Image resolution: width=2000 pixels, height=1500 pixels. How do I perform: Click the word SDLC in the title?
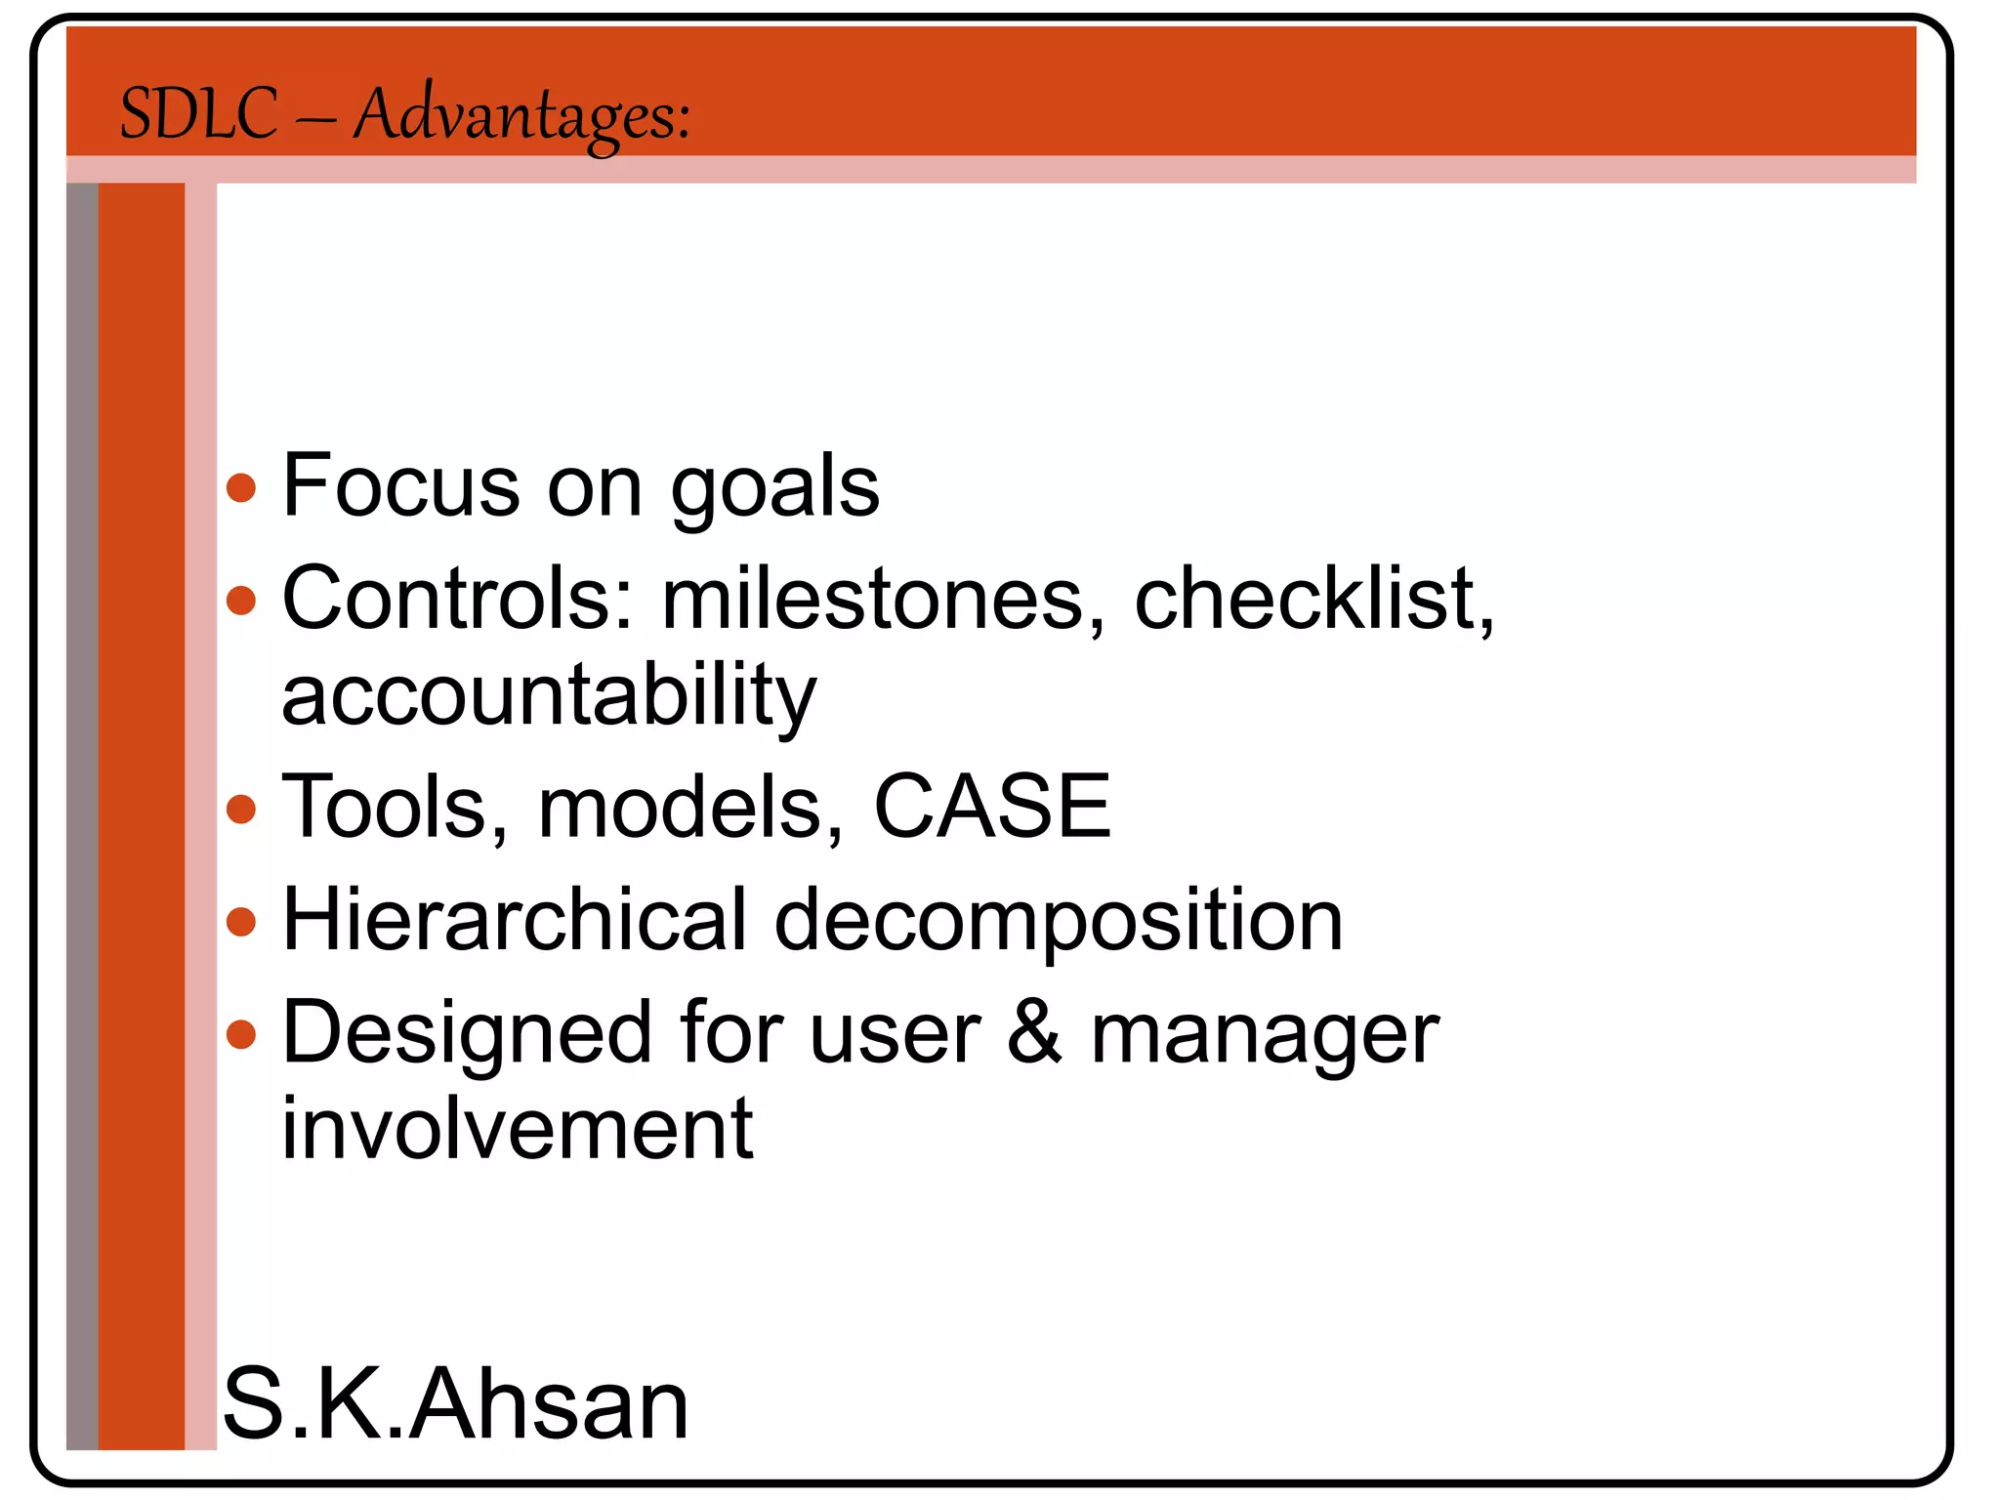coord(198,114)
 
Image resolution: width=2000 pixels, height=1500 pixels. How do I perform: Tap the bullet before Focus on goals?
coord(240,487)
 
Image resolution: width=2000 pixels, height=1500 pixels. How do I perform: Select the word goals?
coord(774,487)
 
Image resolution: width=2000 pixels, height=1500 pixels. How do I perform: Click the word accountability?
coord(549,695)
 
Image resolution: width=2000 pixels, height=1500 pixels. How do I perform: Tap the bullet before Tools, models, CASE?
coord(240,809)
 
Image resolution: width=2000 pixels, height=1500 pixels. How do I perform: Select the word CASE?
coord(992,807)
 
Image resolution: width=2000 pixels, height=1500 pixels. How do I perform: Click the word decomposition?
coord(1059,923)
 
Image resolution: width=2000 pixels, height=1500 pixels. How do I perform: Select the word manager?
coord(1265,1035)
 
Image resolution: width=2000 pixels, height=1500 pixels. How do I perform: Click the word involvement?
coord(518,1129)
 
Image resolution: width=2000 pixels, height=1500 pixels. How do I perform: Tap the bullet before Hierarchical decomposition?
coord(240,921)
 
